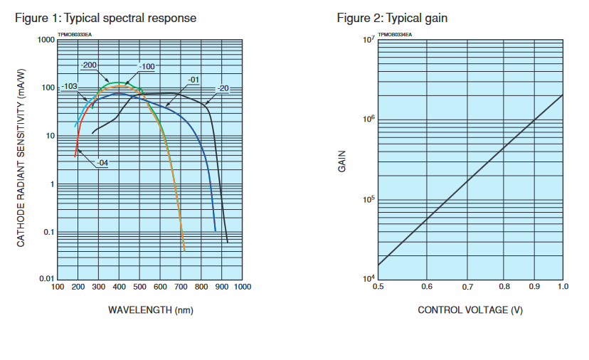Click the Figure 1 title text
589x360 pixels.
106,18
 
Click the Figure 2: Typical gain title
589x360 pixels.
392,18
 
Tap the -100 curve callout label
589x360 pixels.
146,67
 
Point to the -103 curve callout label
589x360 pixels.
69,87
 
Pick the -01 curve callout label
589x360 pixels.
193,79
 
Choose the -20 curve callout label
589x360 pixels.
223,88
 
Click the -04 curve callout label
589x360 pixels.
102,162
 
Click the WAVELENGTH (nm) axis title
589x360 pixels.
150,309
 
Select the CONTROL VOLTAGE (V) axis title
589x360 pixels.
470,309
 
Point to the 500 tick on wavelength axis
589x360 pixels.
139,287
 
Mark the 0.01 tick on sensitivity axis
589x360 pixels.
46,279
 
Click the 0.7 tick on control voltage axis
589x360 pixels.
467,287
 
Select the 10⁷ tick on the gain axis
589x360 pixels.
368,38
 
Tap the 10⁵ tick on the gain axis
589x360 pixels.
368,198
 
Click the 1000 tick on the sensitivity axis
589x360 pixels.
46,40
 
